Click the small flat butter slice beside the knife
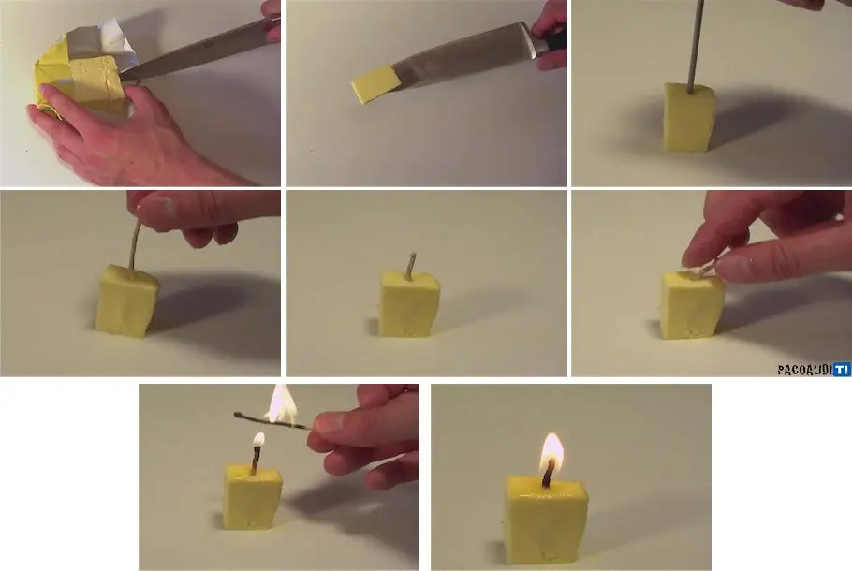click(375, 84)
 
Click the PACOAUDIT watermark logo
click(814, 370)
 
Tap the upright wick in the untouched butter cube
click(411, 266)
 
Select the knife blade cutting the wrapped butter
click(196, 51)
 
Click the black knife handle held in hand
click(551, 42)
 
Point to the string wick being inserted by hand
click(134, 244)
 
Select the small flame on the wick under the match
click(258, 440)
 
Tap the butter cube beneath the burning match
click(253, 496)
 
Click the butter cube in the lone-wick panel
click(408, 303)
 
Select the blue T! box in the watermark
click(842, 370)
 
